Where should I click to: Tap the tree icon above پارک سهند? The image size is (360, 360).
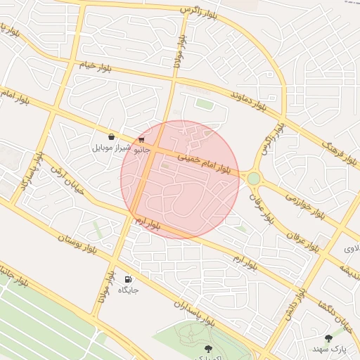[x=329, y=338]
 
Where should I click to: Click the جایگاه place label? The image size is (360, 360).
[x=128, y=290]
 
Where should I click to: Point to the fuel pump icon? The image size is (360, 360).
[x=128, y=279]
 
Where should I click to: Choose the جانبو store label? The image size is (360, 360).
[x=142, y=149]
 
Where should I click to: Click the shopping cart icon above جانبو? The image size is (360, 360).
[x=142, y=139]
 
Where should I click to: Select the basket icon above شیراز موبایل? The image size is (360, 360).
[x=112, y=137]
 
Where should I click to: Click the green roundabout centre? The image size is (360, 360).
[x=253, y=179]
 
